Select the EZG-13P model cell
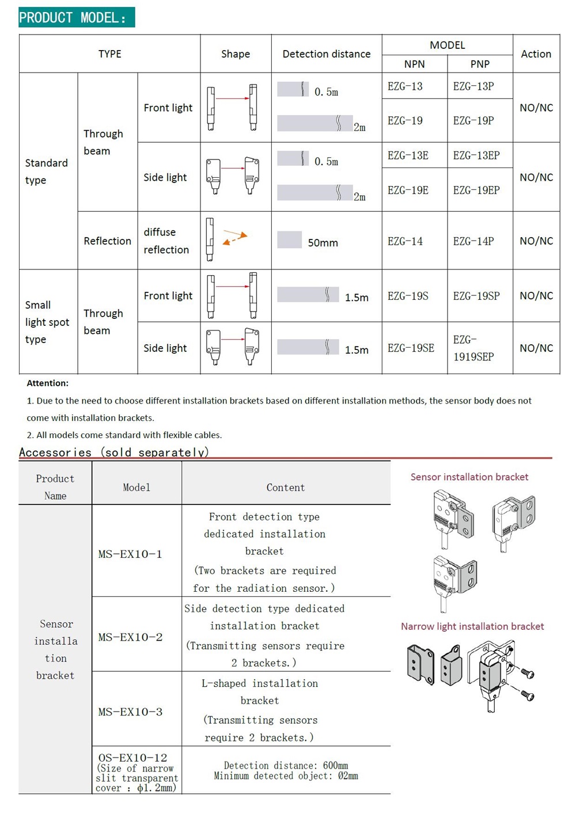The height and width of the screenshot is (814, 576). tap(473, 86)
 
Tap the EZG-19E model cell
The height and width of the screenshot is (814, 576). tap(408, 190)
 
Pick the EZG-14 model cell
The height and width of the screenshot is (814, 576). tap(405, 241)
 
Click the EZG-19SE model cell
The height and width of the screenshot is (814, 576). tap(411, 348)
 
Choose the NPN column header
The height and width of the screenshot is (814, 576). tap(414, 64)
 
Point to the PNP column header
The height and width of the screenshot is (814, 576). tap(480, 64)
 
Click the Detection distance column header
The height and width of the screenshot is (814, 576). tap(326, 54)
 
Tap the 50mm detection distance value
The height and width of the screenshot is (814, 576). tap(323, 243)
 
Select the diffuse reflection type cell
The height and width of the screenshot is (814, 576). tap(166, 241)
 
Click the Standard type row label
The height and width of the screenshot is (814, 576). tap(46, 172)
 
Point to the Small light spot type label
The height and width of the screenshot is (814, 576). tap(47, 322)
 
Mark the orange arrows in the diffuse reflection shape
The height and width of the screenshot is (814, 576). tap(235, 238)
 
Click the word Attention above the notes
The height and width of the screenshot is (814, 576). tap(47, 383)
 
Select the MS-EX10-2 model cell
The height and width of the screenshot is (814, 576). tap(130, 637)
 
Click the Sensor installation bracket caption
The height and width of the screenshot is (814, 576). tap(469, 477)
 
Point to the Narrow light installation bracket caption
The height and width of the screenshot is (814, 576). tap(472, 626)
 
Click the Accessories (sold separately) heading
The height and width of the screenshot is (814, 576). tap(113, 452)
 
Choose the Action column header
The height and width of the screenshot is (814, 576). tap(536, 54)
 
